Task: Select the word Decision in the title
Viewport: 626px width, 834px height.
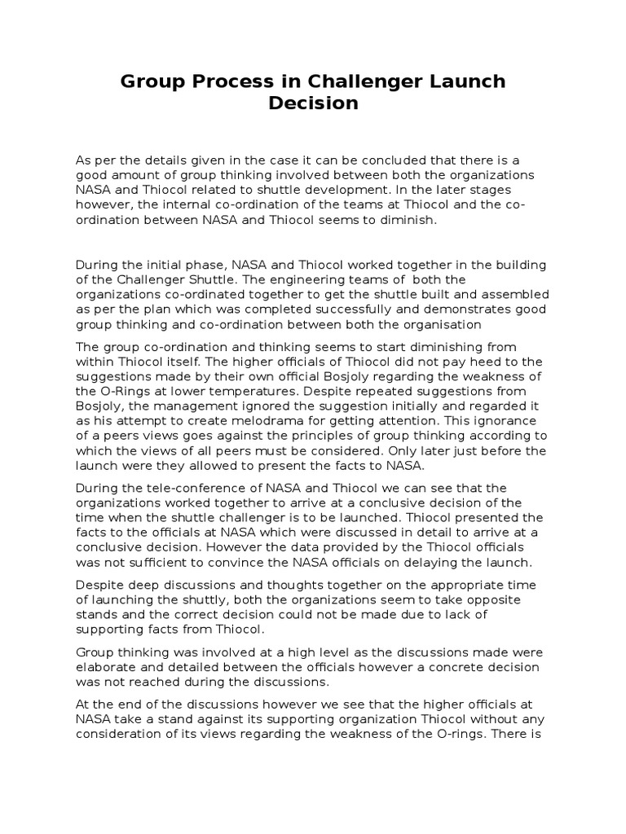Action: (313, 103)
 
